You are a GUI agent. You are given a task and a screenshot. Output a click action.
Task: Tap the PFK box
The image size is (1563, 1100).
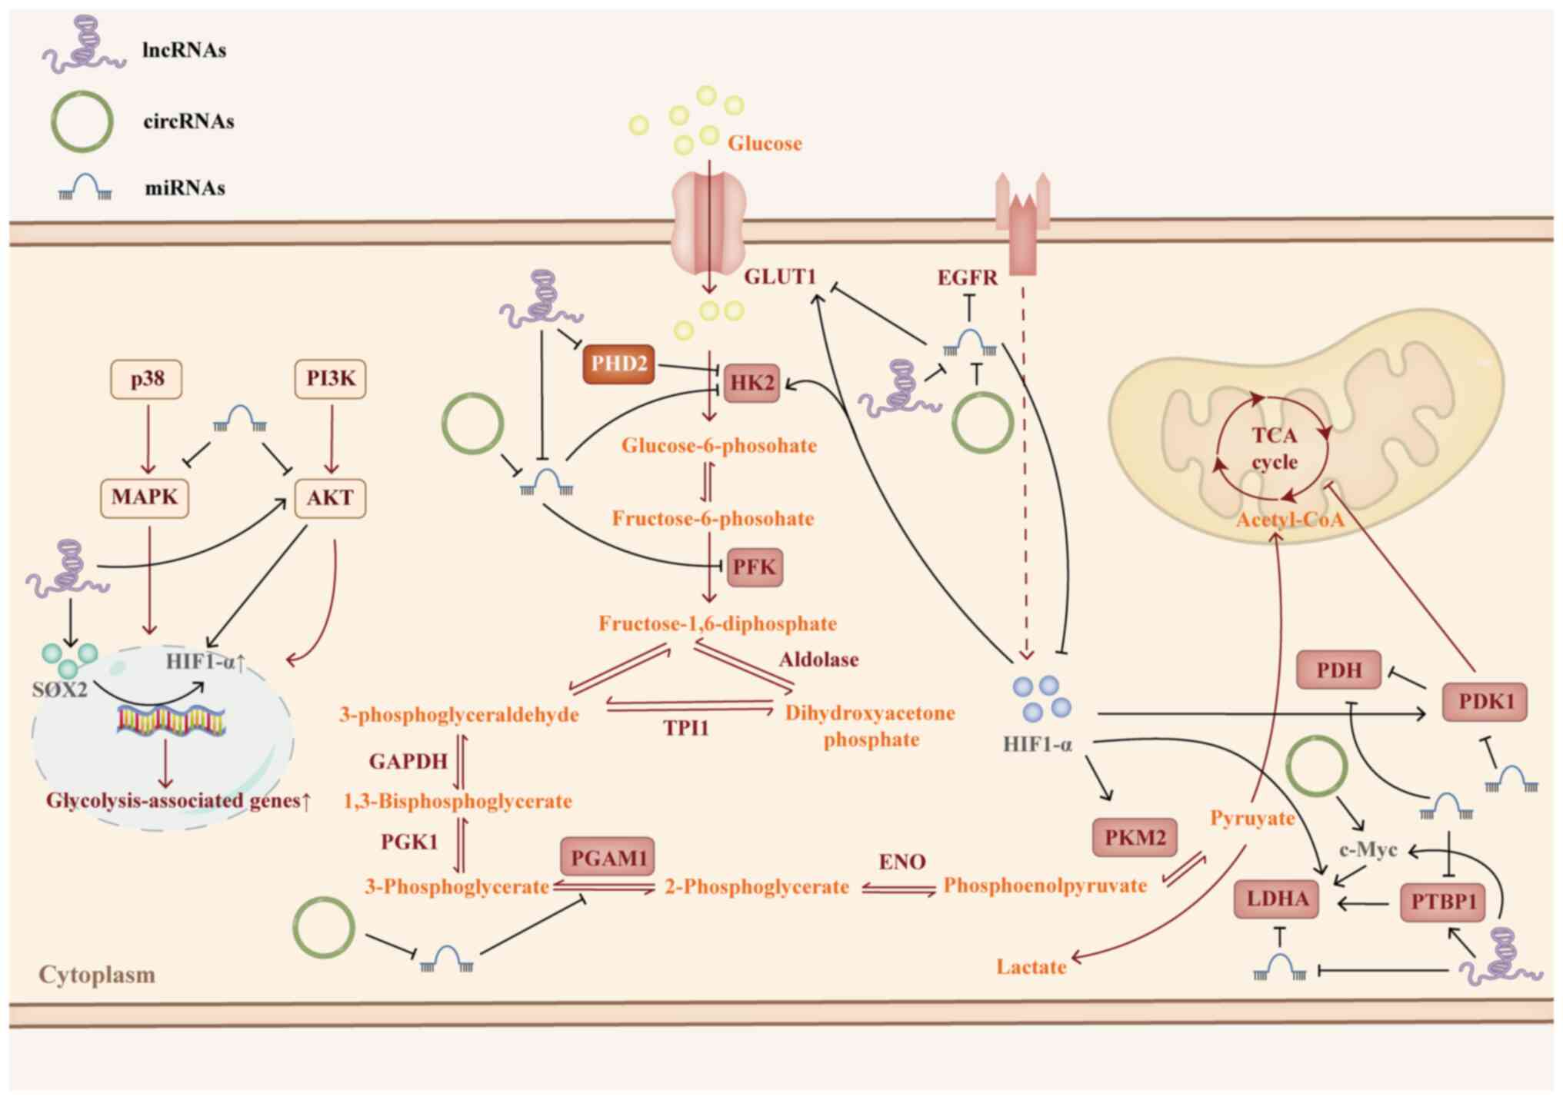[754, 567]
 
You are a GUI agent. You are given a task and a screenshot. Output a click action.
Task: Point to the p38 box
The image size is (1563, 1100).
[147, 379]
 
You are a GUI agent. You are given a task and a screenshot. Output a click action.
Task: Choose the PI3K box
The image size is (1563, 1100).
[331, 379]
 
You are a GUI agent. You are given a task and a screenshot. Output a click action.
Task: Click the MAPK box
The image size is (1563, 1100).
[145, 497]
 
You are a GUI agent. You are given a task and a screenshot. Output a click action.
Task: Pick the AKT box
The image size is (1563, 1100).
[330, 498]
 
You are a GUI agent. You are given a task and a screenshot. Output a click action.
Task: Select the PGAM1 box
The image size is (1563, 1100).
[608, 857]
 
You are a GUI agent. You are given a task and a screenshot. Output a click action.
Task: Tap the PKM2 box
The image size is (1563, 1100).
[1135, 837]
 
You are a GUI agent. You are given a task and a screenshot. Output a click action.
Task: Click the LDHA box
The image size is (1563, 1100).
[1277, 899]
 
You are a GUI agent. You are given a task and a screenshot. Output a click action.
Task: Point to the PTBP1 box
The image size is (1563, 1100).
[1443, 901]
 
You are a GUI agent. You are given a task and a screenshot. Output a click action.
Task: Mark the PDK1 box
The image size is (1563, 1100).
[1485, 701]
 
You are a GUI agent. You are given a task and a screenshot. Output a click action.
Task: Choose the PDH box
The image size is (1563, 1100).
[1339, 670]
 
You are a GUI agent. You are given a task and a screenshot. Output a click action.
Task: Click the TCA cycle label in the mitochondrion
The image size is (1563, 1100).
[1275, 449]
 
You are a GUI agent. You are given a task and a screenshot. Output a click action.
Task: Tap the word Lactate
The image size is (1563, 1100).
[1031, 967]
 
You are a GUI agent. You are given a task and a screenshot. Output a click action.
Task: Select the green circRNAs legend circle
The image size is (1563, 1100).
[82, 121]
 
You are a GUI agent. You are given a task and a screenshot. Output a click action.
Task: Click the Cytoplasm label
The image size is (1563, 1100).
[97, 975]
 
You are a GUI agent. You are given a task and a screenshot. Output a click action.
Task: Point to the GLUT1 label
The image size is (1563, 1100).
[779, 276]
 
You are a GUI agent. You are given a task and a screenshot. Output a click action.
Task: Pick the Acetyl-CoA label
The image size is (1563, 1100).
[1289, 520]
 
